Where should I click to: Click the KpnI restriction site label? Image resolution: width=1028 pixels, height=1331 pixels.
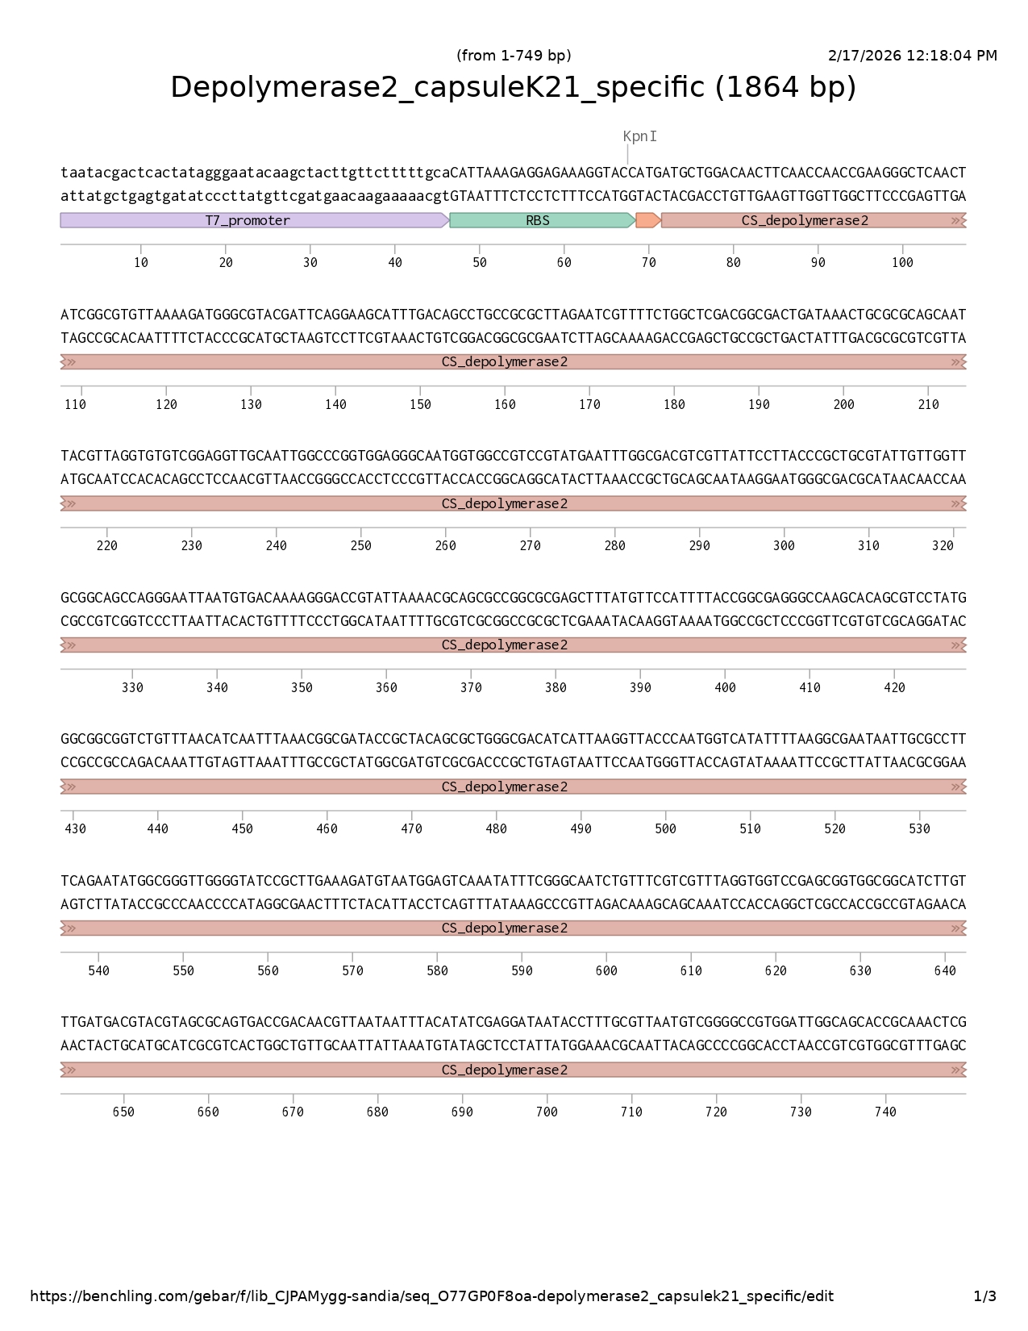(639, 136)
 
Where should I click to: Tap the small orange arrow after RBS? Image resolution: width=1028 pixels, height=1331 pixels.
(647, 220)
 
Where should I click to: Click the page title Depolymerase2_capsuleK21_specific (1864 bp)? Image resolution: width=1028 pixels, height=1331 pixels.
(513, 87)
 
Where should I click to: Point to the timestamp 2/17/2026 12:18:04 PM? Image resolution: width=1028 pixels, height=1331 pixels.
(912, 56)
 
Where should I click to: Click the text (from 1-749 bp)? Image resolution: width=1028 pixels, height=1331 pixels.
(513, 56)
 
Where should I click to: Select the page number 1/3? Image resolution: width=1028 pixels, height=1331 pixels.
(984, 1296)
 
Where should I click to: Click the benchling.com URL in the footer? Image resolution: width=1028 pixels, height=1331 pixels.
(431, 1296)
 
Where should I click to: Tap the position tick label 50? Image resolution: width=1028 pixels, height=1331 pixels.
(480, 263)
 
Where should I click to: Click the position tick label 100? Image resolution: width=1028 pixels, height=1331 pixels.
(902, 263)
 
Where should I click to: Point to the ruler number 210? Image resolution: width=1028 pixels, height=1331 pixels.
(928, 405)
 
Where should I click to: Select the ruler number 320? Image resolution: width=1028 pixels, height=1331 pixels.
(943, 546)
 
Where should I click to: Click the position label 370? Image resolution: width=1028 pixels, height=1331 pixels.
(471, 688)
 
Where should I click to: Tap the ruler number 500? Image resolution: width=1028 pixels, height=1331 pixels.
(665, 829)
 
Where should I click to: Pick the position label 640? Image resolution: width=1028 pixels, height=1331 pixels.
(945, 971)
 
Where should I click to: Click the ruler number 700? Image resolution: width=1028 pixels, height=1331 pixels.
(547, 1112)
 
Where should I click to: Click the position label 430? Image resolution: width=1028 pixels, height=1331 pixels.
(75, 829)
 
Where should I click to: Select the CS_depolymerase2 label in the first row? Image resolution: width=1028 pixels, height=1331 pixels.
(805, 220)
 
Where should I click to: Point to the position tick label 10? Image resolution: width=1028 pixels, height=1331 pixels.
(141, 263)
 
